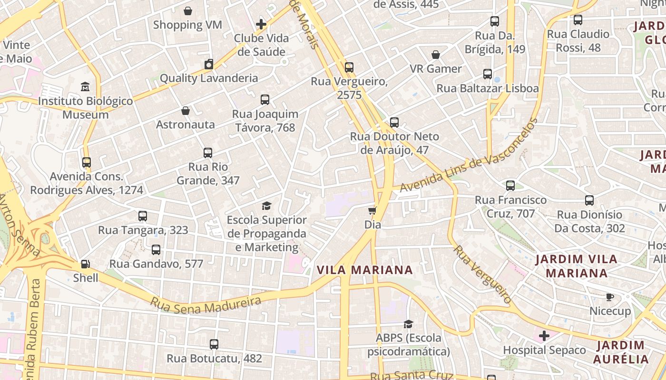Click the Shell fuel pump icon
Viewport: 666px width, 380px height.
85,264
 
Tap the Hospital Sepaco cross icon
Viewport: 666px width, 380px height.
544,336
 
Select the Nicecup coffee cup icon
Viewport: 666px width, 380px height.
610,297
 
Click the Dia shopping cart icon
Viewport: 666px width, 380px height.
372,210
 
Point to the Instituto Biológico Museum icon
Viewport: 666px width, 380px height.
85,87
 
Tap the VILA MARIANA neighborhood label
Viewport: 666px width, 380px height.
364,270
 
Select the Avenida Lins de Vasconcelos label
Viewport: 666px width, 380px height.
469,155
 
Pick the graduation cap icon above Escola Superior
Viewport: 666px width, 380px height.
266,206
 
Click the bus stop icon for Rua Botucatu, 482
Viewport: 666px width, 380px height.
214,344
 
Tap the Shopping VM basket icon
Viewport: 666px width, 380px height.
188,11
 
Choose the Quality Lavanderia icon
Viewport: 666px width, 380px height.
208,64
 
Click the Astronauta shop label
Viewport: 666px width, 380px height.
186,124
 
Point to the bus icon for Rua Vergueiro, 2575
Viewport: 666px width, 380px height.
349,67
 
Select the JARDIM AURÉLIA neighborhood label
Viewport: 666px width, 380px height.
621,352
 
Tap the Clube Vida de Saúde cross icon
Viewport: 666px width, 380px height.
261,24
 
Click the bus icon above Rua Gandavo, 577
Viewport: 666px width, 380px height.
156,249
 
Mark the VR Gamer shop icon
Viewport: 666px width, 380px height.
435,55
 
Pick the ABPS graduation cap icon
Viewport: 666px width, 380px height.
408,324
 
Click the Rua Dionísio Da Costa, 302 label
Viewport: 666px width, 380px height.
589,221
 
